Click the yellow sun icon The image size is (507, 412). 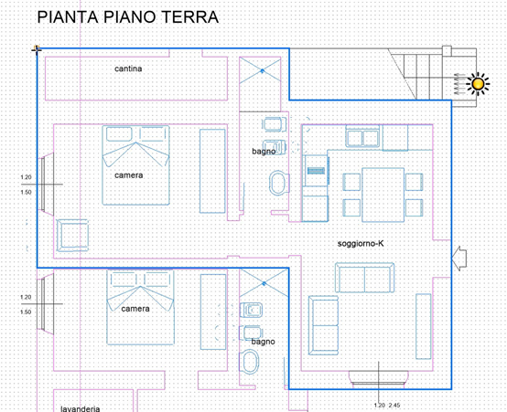pos(478,84)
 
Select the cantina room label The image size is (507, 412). pos(128,69)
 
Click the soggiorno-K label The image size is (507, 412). pos(361,243)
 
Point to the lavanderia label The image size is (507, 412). pos(81,408)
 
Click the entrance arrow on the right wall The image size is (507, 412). pos(458,258)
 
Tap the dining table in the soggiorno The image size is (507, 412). pos(383,195)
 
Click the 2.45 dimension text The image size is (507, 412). pos(394,406)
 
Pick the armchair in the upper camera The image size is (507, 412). pos(72,236)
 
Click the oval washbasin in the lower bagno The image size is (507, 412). pos(250,362)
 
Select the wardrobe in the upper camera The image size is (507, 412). pos(212,171)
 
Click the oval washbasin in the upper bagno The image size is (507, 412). pos(279,183)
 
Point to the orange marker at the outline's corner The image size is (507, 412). pos(37,48)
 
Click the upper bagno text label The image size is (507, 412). pos(264,151)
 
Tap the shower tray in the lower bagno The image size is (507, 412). pos(264,283)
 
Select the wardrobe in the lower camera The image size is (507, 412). pos(213,312)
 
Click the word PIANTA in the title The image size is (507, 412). pos(68,17)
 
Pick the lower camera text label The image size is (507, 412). pos(135,309)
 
